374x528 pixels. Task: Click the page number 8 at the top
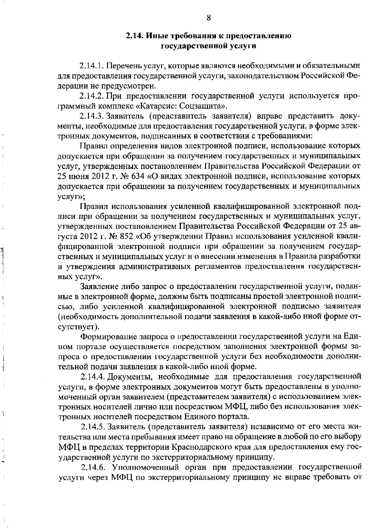(x=209, y=18)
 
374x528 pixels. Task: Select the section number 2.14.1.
(x=92, y=66)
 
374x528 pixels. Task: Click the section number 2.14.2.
(x=92, y=96)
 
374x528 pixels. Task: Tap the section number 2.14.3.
(x=92, y=116)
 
